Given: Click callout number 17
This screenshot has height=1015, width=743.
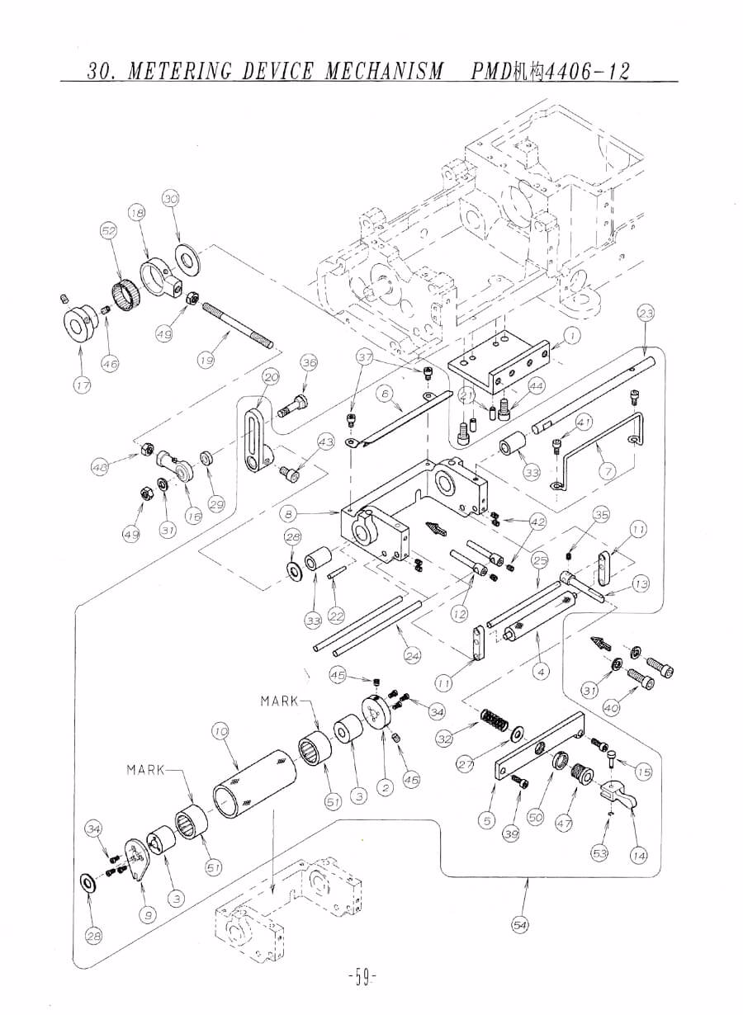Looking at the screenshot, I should (82, 385).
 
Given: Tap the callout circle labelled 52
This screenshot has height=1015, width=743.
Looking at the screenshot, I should (109, 232).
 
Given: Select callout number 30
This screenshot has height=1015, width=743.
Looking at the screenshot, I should (170, 199).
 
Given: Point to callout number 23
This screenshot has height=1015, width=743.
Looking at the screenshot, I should (646, 313).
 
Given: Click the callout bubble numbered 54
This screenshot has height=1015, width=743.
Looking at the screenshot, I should (520, 925).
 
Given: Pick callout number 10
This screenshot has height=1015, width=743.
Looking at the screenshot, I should (220, 731).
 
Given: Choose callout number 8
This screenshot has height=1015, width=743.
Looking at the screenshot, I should (288, 514).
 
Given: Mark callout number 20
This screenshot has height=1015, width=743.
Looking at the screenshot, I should (271, 377).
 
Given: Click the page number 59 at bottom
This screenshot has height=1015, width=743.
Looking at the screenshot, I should (362, 979).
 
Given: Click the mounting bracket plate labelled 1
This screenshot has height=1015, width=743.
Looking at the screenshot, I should (499, 363).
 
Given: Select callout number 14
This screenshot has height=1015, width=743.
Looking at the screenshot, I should (638, 856).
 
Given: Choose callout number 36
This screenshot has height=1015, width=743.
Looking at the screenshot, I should (309, 362).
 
